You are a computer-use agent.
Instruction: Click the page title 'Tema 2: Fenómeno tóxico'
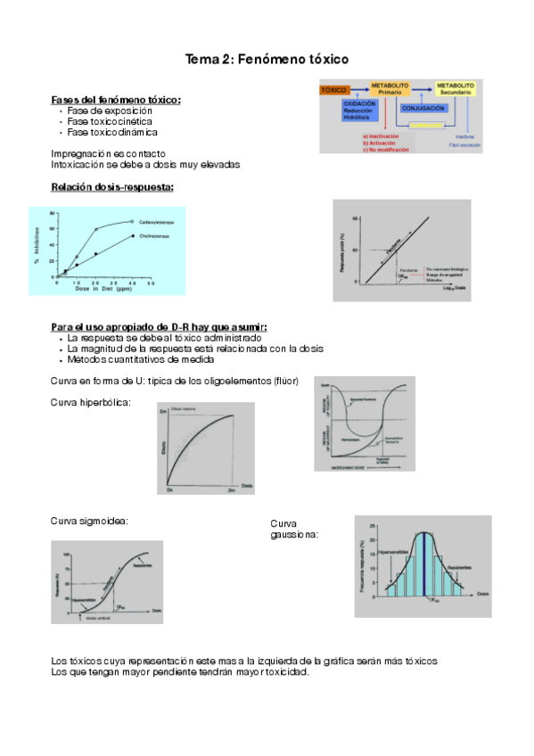point(267,59)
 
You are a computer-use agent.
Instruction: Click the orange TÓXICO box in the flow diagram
point(334,91)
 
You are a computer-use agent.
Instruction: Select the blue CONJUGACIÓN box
point(423,108)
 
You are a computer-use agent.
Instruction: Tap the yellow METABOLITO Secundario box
point(456,88)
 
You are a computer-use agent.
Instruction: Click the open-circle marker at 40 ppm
point(132,221)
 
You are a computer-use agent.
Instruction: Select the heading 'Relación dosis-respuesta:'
point(112,186)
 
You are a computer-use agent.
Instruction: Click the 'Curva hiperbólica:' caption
point(92,402)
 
